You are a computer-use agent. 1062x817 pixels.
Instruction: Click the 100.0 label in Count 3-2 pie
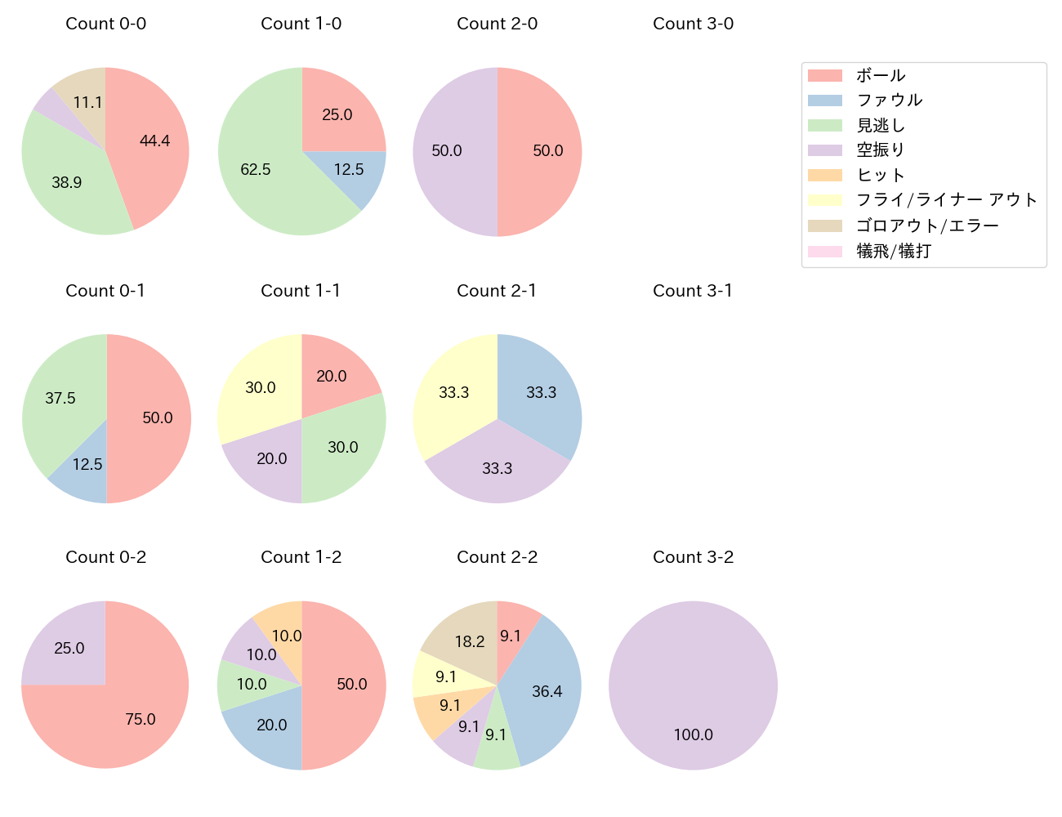point(694,734)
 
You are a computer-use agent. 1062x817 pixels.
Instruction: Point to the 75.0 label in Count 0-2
point(141,719)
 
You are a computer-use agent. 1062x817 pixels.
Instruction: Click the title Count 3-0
point(694,24)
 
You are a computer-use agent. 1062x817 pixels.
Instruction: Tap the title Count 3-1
point(694,291)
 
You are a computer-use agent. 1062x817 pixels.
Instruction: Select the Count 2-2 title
point(498,557)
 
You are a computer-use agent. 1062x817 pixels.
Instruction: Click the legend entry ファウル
point(890,100)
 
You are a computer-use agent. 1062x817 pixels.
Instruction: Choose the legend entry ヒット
point(881,175)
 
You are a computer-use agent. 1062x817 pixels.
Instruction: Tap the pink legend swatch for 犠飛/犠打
point(825,251)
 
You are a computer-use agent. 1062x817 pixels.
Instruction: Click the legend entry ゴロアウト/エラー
point(927,225)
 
